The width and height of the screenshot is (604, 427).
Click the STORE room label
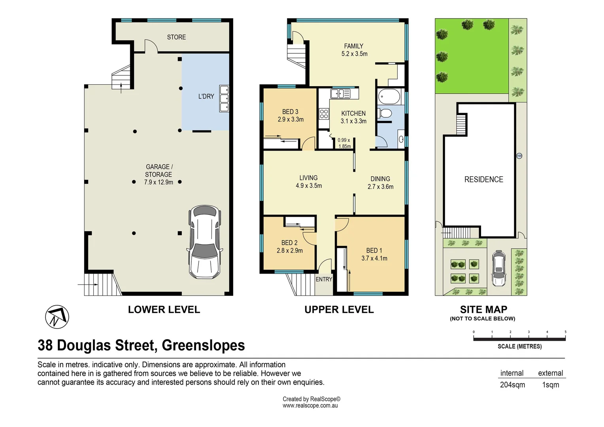pos(176,37)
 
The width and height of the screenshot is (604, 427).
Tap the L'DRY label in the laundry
pos(206,96)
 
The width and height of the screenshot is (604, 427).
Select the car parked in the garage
pos(204,242)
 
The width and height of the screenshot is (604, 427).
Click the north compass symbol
pos(57,317)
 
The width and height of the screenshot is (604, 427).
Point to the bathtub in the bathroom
pos(389,96)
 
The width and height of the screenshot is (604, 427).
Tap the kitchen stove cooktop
pos(324,114)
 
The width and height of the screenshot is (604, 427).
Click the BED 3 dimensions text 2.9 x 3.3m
pos(291,119)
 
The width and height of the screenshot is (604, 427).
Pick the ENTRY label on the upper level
pos(324,280)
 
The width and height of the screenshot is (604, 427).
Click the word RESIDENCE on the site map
pos(483,179)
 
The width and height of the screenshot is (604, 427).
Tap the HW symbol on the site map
pos(519,156)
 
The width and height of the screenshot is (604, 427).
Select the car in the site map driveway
pos(498,268)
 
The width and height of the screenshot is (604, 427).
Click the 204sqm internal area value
pos(512,385)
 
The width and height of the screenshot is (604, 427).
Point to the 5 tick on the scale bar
pos(565,332)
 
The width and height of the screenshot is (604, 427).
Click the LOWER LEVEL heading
pos(164,310)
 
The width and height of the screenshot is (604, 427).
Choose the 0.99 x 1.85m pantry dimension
pos(344,143)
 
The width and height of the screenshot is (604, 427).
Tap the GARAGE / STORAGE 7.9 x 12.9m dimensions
pos(159,182)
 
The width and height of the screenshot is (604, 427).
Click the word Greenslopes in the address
pos(203,346)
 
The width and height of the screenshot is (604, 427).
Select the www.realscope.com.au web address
pos(310,406)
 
